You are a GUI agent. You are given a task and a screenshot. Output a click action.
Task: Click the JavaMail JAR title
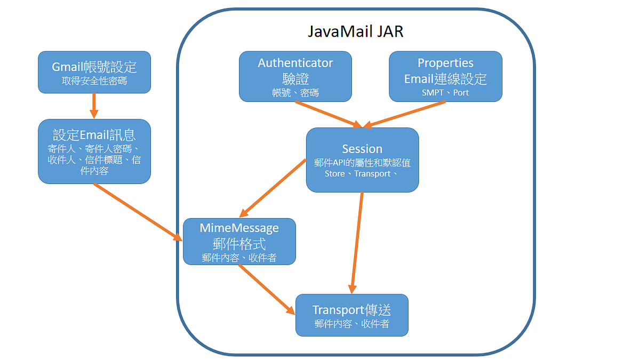pyautogui.click(x=355, y=31)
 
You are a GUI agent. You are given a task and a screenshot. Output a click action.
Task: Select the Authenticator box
pyautogui.click(x=295, y=76)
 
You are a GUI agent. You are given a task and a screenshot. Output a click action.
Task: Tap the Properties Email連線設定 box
pyautogui.click(x=445, y=76)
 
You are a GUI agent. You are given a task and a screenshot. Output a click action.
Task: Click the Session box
pyautogui.click(x=362, y=159)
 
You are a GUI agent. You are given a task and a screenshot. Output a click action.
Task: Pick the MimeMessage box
pyautogui.click(x=239, y=241)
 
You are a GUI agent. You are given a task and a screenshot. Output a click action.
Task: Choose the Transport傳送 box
pyautogui.click(x=351, y=315)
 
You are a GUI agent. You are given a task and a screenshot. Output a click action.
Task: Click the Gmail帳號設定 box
pyautogui.click(x=94, y=72)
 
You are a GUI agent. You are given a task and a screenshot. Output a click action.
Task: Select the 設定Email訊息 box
pyautogui.click(x=94, y=151)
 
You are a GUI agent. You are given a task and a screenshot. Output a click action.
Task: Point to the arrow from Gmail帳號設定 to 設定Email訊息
pyautogui.click(x=94, y=106)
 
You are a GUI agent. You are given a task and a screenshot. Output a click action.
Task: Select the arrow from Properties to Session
pyautogui.click(x=405, y=114)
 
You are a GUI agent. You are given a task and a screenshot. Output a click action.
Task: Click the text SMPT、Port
pyautogui.click(x=445, y=92)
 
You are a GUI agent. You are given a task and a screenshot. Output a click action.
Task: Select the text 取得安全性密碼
pyautogui.click(x=94, y=82)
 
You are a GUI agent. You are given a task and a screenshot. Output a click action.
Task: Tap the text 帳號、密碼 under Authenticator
pyautogui.click(x=295, y=92)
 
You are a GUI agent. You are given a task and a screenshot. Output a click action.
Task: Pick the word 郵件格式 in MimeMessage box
pyautogui.click(x=239, y=243)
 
